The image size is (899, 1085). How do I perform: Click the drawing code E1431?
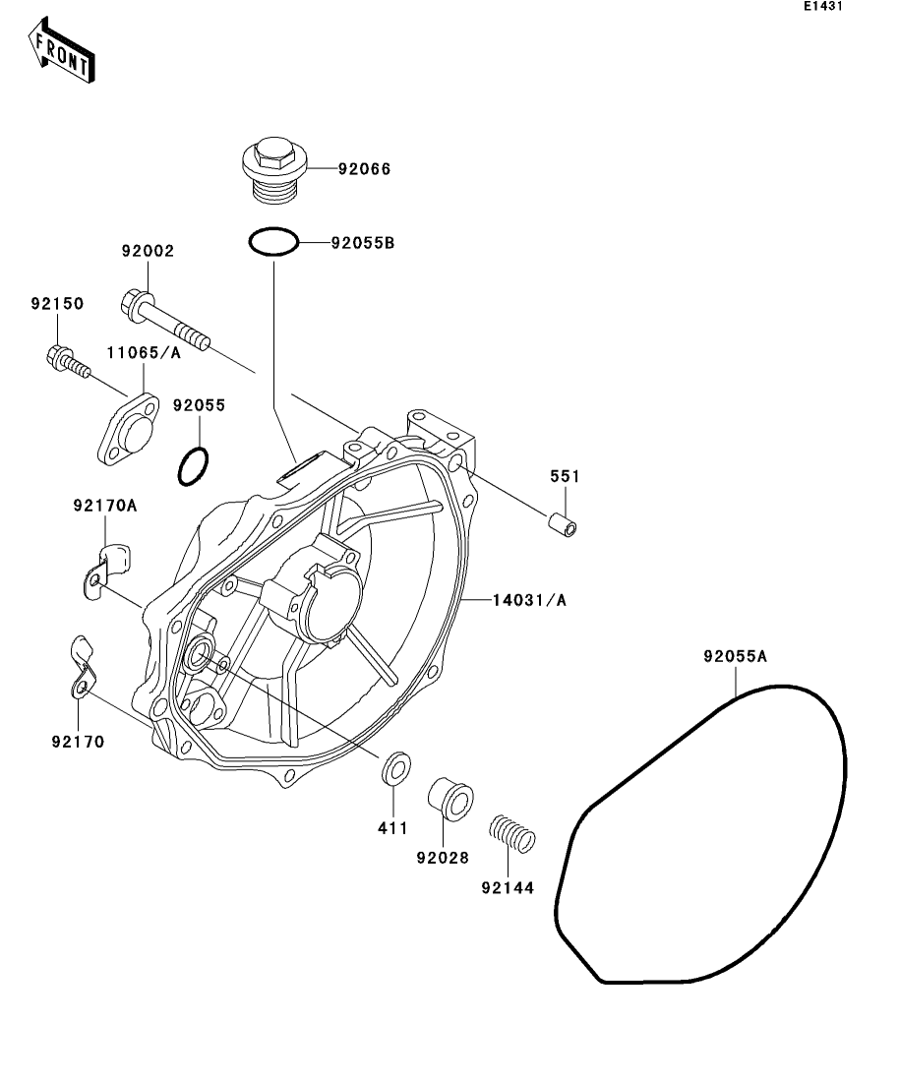tap(823, 7)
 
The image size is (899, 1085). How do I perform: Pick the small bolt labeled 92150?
tap(67, 361)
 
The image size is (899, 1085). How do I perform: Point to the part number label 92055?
tap(200, 404)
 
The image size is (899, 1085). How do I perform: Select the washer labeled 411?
tap(395, 767)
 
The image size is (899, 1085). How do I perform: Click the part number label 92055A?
tap(734, 656)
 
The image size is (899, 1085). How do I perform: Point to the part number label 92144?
tap(508, 887)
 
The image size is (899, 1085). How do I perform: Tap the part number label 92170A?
tap(104, 508)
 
